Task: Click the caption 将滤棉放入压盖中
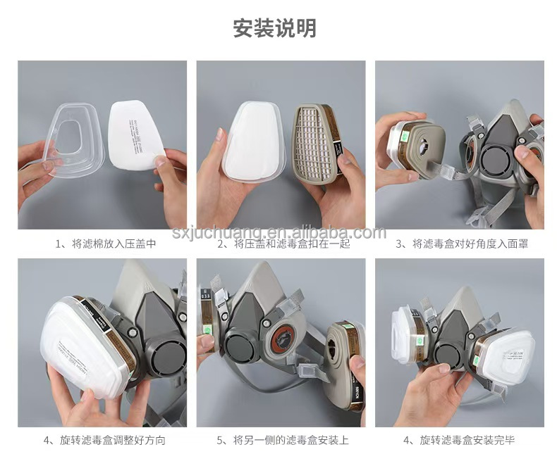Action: pyautogui.click(x=105, y=244)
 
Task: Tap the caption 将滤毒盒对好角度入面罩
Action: pyautogui.click(x=462, y=244)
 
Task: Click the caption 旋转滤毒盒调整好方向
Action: pyautogui.click(x=105, y=441)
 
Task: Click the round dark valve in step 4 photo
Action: pyautogui.click(x=161, y=356)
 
